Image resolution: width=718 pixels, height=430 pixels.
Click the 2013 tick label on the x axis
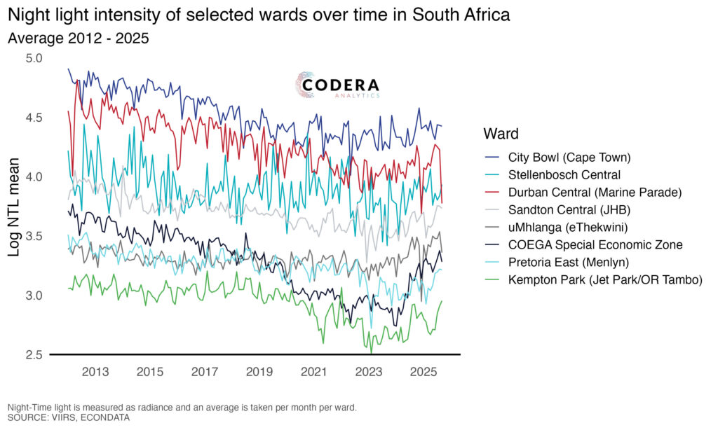click(x=95, y=371)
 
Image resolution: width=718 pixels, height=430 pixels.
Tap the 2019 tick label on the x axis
click(x=259, y=371)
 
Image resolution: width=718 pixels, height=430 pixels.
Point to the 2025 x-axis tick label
click(x=422, y=371)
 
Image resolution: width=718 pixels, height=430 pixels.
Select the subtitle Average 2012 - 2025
click(x=78, y=39)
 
